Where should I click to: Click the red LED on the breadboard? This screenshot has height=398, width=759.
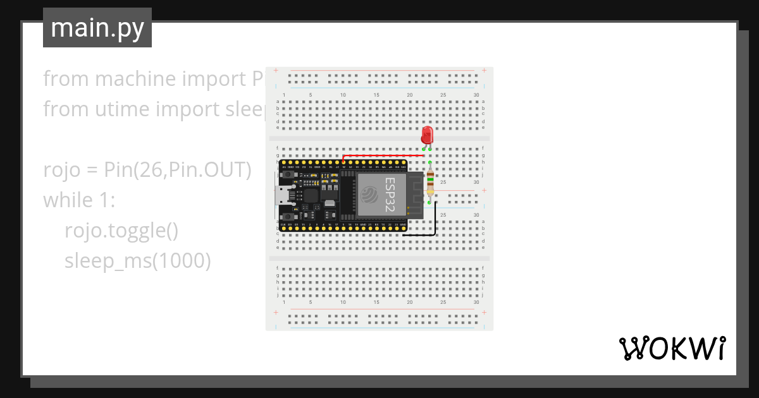[x=427, y=135]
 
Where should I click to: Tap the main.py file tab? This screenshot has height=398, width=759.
[x=97, y=28]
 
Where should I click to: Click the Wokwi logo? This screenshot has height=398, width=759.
[x=672, y=348]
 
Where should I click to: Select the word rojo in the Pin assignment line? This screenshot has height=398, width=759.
[x=63, y=170]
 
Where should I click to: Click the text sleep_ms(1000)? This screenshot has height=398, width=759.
[x=137, y=261]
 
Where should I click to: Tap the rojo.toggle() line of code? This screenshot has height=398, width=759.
[x=121, y=231]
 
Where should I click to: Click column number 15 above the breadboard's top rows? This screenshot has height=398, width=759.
[x=376, y=95]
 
